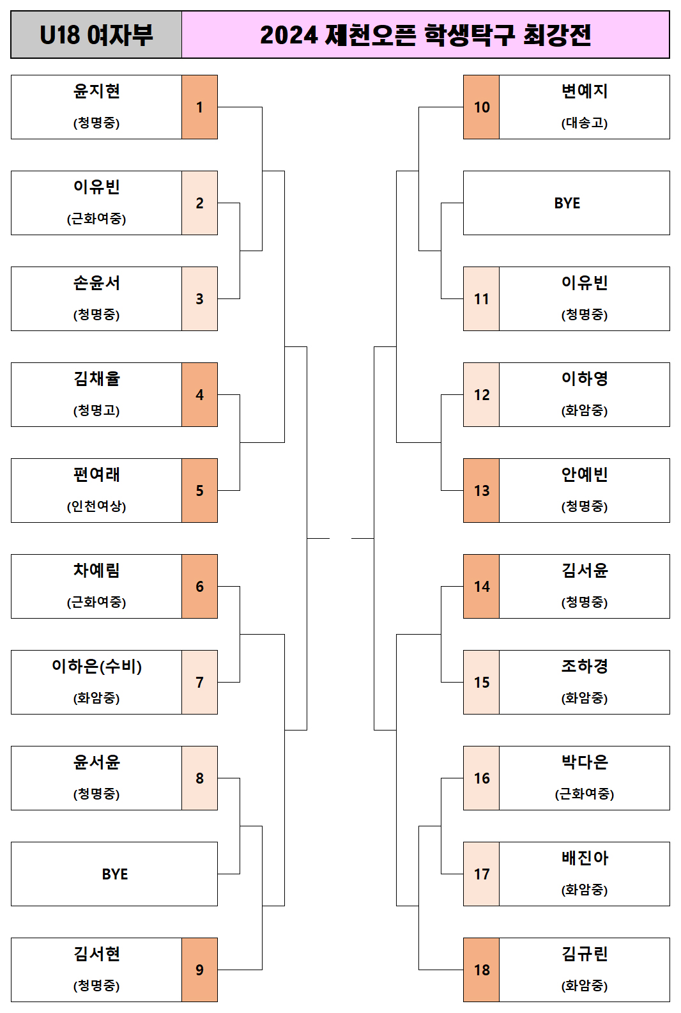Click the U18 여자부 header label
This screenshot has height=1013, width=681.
(96, 35)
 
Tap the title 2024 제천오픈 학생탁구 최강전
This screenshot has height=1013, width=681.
(425, 35)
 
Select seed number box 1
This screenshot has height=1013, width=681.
(199, 107)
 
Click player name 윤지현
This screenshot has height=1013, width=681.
(96, 91)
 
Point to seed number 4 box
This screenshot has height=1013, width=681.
(199, 395)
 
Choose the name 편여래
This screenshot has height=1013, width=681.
(96, 475)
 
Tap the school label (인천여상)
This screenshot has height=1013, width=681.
(96, 506)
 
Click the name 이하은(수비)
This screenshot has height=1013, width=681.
(96, 667)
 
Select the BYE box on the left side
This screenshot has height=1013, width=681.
(114, 874)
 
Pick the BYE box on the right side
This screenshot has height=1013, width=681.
(567, 203)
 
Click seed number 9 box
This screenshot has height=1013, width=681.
(199, 970)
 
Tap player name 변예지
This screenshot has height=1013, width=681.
(585, 91)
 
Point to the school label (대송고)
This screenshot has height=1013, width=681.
(585, 123)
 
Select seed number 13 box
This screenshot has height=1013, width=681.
(482, 491)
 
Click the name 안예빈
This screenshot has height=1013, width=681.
(585, 475)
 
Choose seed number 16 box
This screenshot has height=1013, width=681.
(482, 778)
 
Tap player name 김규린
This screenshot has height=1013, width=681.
(585, 954)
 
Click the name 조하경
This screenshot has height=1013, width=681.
(585, 667)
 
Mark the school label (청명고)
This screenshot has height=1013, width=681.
(96, 410)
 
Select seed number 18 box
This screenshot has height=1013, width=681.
(482, 970)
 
